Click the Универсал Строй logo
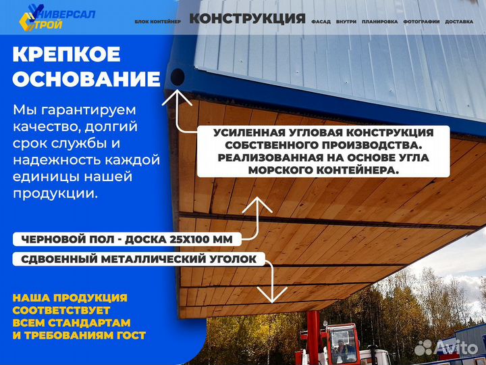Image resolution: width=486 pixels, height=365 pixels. pos(57,19)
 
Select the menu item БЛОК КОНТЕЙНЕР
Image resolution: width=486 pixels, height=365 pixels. pos(157,22)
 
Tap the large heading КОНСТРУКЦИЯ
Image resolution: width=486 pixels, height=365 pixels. pos(247,18)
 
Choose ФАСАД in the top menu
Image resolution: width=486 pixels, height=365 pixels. pos(321,22)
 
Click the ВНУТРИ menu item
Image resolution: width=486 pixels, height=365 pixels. pos(346,22)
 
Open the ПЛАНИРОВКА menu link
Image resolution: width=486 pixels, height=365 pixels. pos(379,22)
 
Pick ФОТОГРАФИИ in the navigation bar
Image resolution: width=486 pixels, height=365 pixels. pos(421,22)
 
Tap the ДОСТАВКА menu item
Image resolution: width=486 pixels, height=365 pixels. pos(460,22)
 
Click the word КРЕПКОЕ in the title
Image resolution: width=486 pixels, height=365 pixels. pos(66,54)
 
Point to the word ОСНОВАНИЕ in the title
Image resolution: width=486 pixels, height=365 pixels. pos(86,79)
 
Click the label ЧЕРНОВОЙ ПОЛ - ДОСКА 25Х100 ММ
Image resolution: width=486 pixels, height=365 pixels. pos(127,239)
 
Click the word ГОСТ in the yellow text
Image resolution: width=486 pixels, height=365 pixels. pos(131,335)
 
